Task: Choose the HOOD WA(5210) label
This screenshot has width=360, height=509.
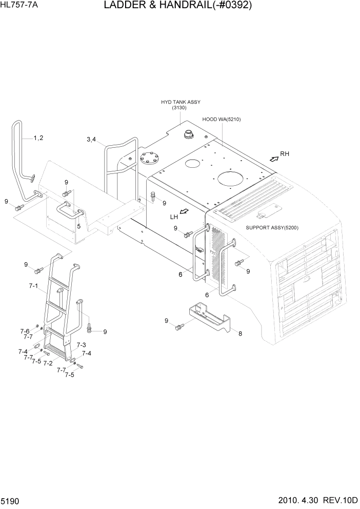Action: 221,119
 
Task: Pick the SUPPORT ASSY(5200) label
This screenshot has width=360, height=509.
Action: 272,227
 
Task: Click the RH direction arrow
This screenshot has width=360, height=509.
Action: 274,159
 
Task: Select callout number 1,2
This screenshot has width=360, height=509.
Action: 38,138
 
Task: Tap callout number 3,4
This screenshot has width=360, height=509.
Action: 92,139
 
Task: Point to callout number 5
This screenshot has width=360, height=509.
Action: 78,226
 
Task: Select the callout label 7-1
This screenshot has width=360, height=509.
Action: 34,285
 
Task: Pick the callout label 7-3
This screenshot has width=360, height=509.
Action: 81,345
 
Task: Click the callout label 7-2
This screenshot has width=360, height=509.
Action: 48,363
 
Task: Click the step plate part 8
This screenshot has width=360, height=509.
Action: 210,316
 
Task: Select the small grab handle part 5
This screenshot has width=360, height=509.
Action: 69,210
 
